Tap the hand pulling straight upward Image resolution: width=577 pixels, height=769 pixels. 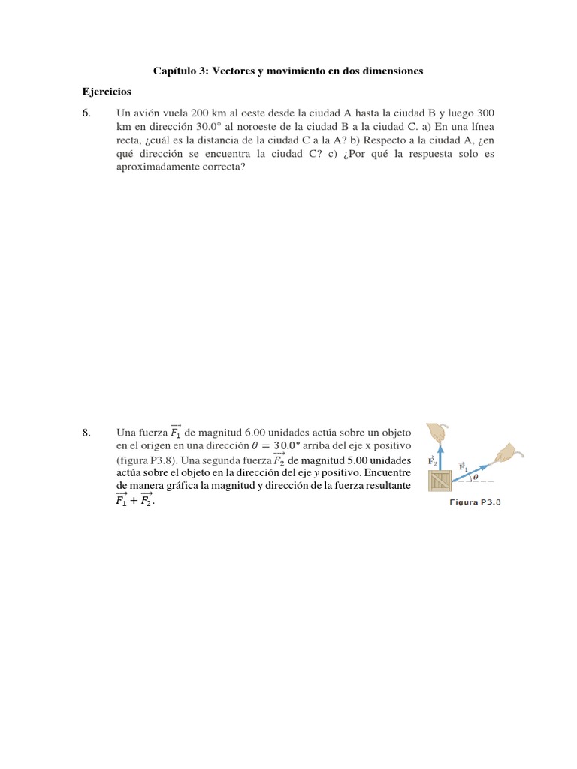click(x=437, y=433)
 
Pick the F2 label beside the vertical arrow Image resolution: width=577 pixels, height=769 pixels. click(x=431, y=460)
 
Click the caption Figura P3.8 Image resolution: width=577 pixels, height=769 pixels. click(x=475, y=503)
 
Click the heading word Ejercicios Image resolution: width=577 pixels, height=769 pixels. click(x=107, y=92)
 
